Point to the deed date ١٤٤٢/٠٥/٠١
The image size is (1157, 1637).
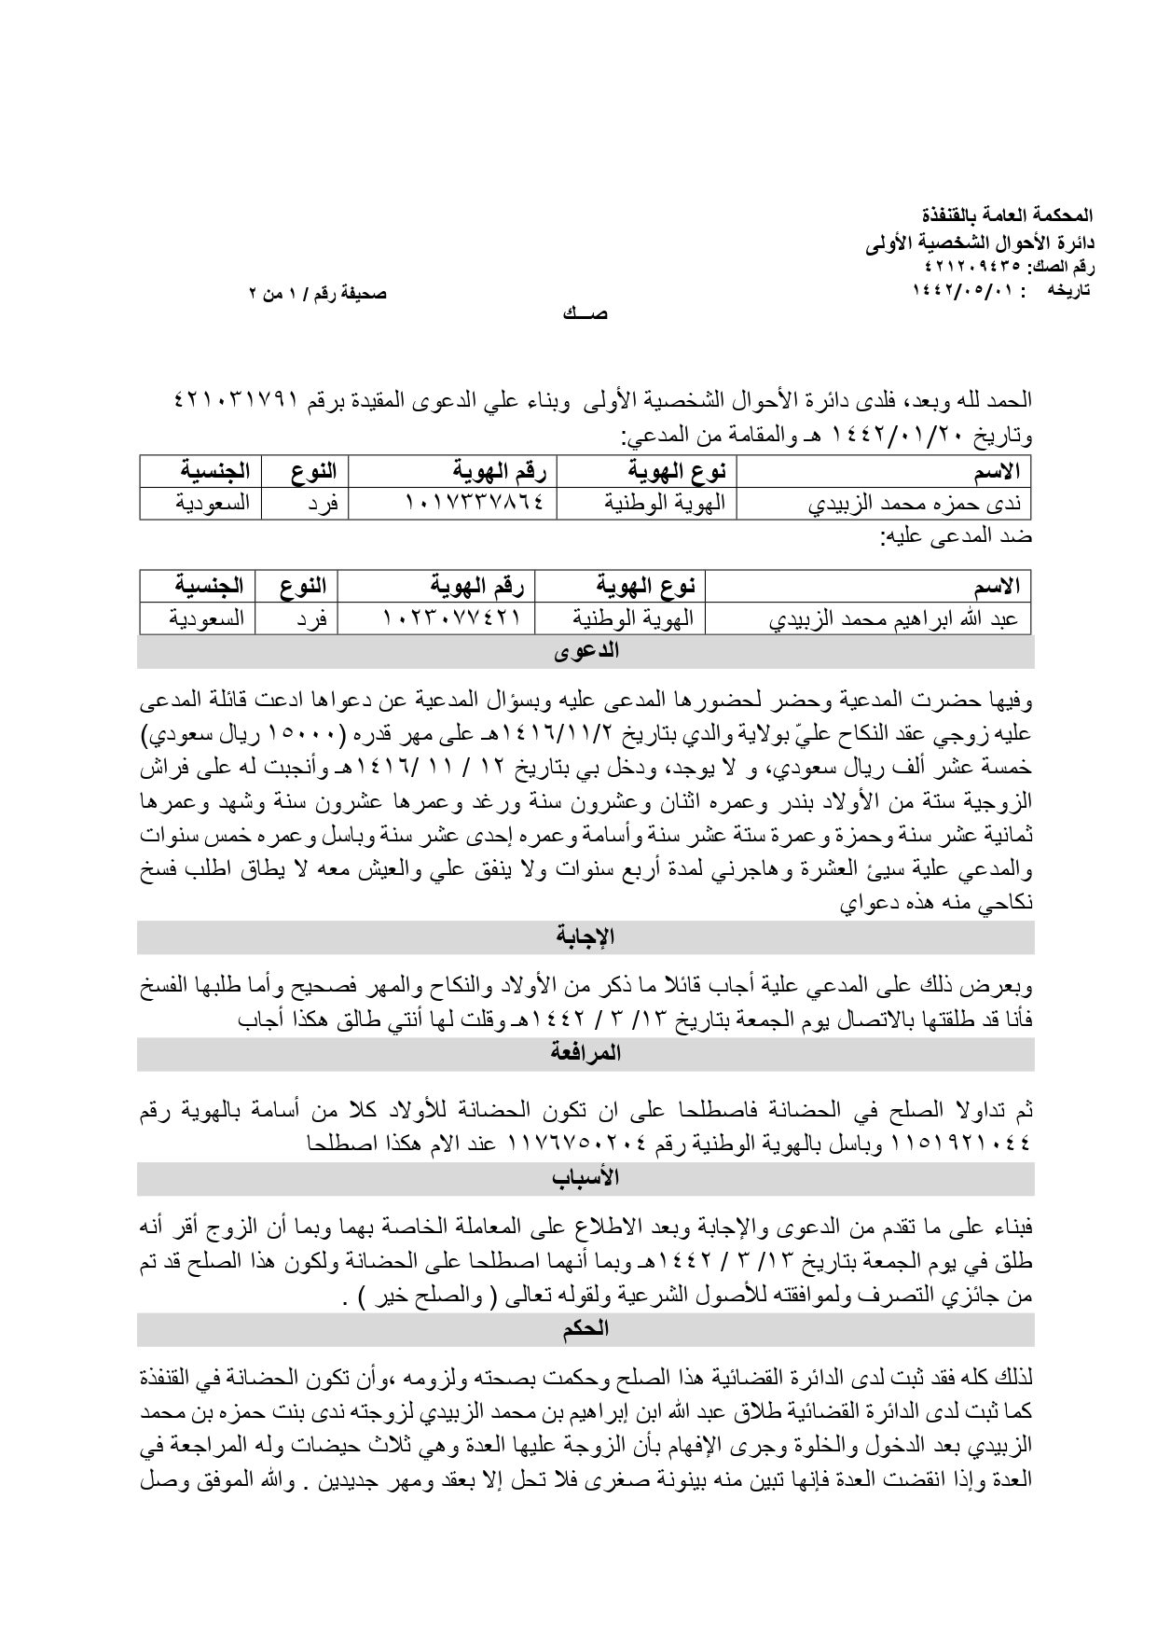[952, 290]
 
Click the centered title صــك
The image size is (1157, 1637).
[585, 313]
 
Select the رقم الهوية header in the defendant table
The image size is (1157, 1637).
[478, 587]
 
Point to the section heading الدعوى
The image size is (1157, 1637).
[586, 651]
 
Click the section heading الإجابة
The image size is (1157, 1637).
[586, 936]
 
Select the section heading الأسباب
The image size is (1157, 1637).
[586, 1177]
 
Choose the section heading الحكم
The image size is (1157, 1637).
[586, 1328]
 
